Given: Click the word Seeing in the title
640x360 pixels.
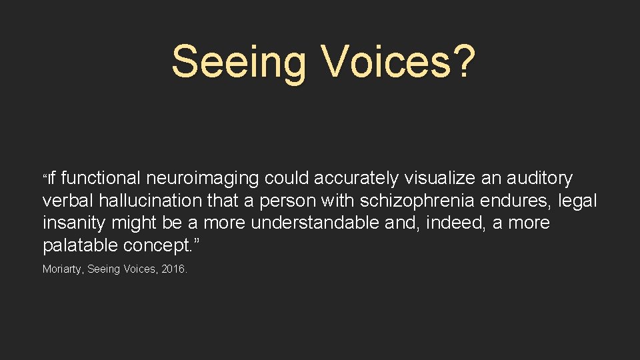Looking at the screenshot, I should (x=238, y=62).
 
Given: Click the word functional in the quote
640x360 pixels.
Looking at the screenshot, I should (x=101, y=178).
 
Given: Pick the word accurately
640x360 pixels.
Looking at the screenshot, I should (x=355, y=179).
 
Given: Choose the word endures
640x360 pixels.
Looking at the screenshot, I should (x=516, y=201).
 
